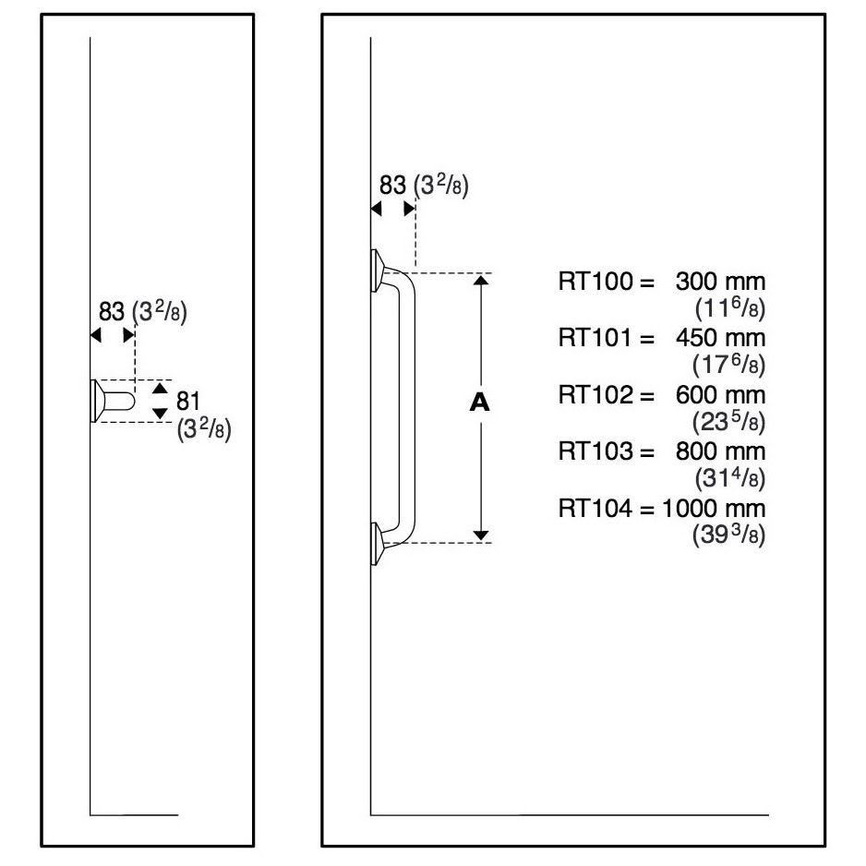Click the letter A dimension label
pos(478,403)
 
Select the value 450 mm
pos(720,338)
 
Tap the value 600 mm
pos(720,395)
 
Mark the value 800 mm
pos(720,451)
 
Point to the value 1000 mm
pos(715,509)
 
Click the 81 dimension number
pos(188,401)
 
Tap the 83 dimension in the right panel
pos(392,185)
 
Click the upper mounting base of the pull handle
pos(379,270)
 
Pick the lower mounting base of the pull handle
pos(379,543)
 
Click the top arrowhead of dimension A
pos(481,280)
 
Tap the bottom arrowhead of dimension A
pos(481,535)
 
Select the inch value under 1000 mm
pos(728,535)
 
